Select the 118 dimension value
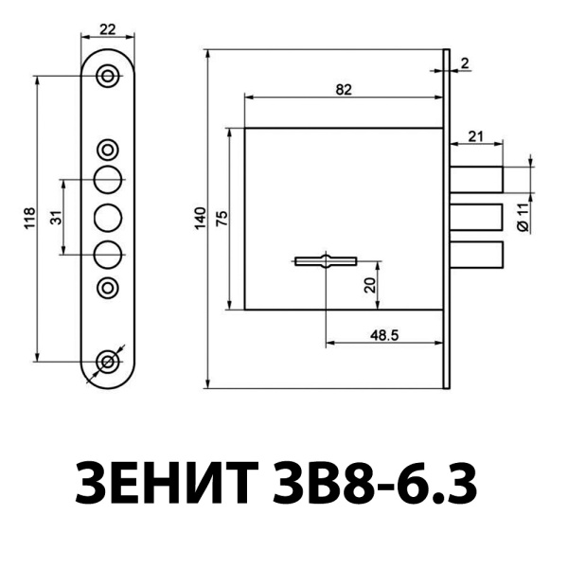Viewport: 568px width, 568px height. (x=29, y=218)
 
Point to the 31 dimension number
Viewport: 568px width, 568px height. (x=57, y=216)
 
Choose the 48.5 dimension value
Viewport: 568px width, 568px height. (x=383, y=334)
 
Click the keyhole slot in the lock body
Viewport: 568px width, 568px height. (x=325, y=259)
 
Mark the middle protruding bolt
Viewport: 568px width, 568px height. (x=476, y=217)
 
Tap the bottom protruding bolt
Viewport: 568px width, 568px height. (x=476, y=254)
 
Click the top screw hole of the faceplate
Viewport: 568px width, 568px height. (x=110, y=75)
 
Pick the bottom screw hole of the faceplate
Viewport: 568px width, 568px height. (x=110, y=361)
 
